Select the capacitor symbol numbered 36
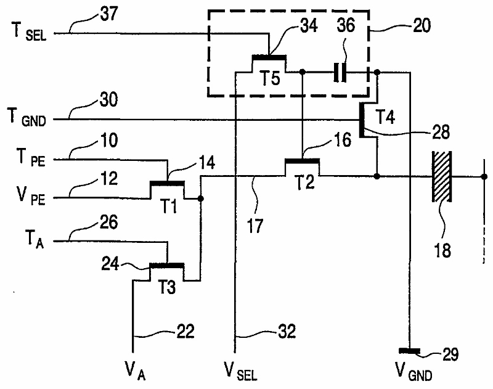pos(340,73)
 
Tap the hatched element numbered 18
pos(442,176)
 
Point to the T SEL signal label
pos(29,32)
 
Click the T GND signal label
pos(27,118)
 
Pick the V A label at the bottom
pos(135,371)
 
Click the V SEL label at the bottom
pos(240,371)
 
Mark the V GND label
pos(414,371)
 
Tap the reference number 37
pos(109,14)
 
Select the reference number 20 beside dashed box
pos(422,26)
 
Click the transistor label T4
pos(386,117)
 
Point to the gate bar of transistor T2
pos(302,162)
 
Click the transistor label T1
pos(168,206)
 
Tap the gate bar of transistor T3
pos(166,266)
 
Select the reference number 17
pos(255,226)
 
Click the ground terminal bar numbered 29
pos(409,350)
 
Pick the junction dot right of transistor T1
pos(200,199)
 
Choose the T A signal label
pos(35,239)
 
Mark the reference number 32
pos(287,331)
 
